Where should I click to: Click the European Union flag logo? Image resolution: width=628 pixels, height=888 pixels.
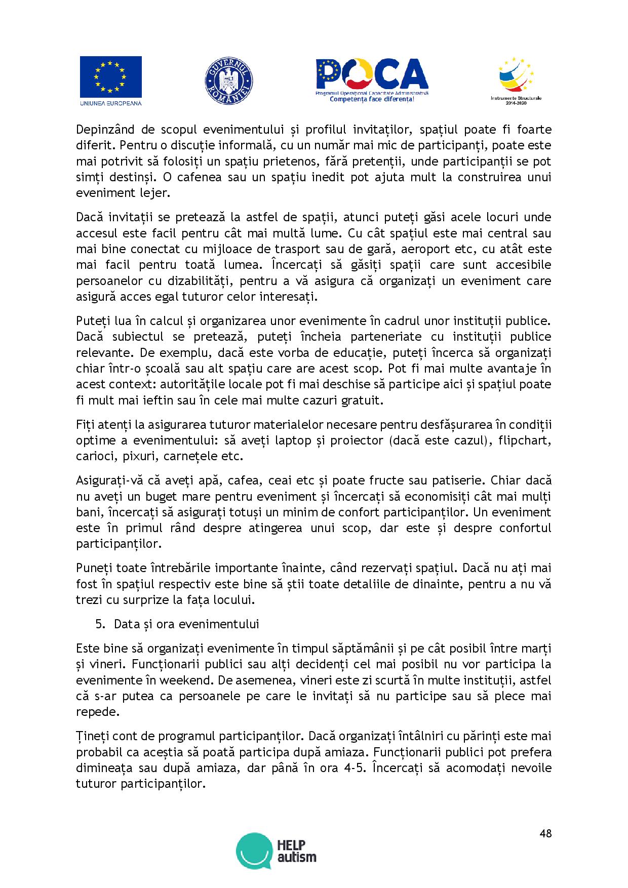coord(110,81)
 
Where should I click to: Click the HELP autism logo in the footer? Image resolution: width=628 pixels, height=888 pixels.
coord(276,851)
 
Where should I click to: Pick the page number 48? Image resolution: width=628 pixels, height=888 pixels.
coord(545,833)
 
